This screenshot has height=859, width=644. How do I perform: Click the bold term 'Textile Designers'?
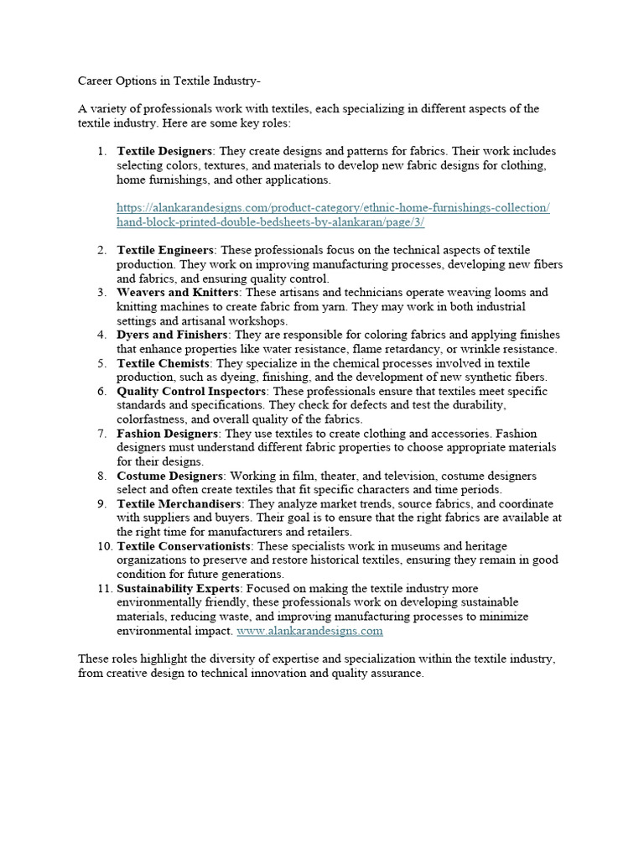165,151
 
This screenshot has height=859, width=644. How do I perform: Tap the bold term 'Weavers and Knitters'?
178,292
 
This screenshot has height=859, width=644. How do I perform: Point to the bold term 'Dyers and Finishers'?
172,335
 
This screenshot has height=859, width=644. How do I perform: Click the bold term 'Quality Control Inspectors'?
192,391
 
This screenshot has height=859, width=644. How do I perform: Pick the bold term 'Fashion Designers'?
167,434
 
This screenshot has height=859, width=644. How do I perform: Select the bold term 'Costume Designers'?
168,476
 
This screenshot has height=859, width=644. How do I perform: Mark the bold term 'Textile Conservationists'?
184,546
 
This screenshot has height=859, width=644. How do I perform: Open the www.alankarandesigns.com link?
309,631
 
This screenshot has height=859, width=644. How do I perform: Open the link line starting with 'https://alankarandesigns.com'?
333,207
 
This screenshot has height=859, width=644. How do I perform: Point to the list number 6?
101,391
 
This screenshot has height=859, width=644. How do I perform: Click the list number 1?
101,151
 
